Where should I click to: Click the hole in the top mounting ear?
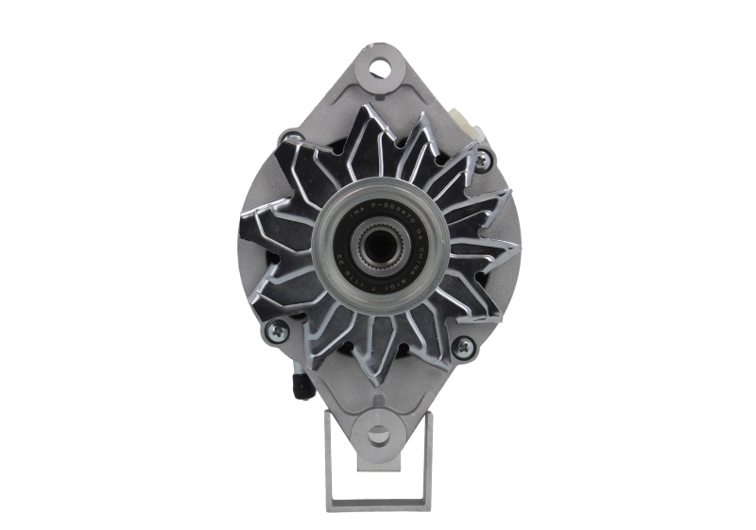[380, 68]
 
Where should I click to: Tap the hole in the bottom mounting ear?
[378, 435]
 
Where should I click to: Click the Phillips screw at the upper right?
[483, 158]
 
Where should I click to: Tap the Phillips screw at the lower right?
[463, 347]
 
